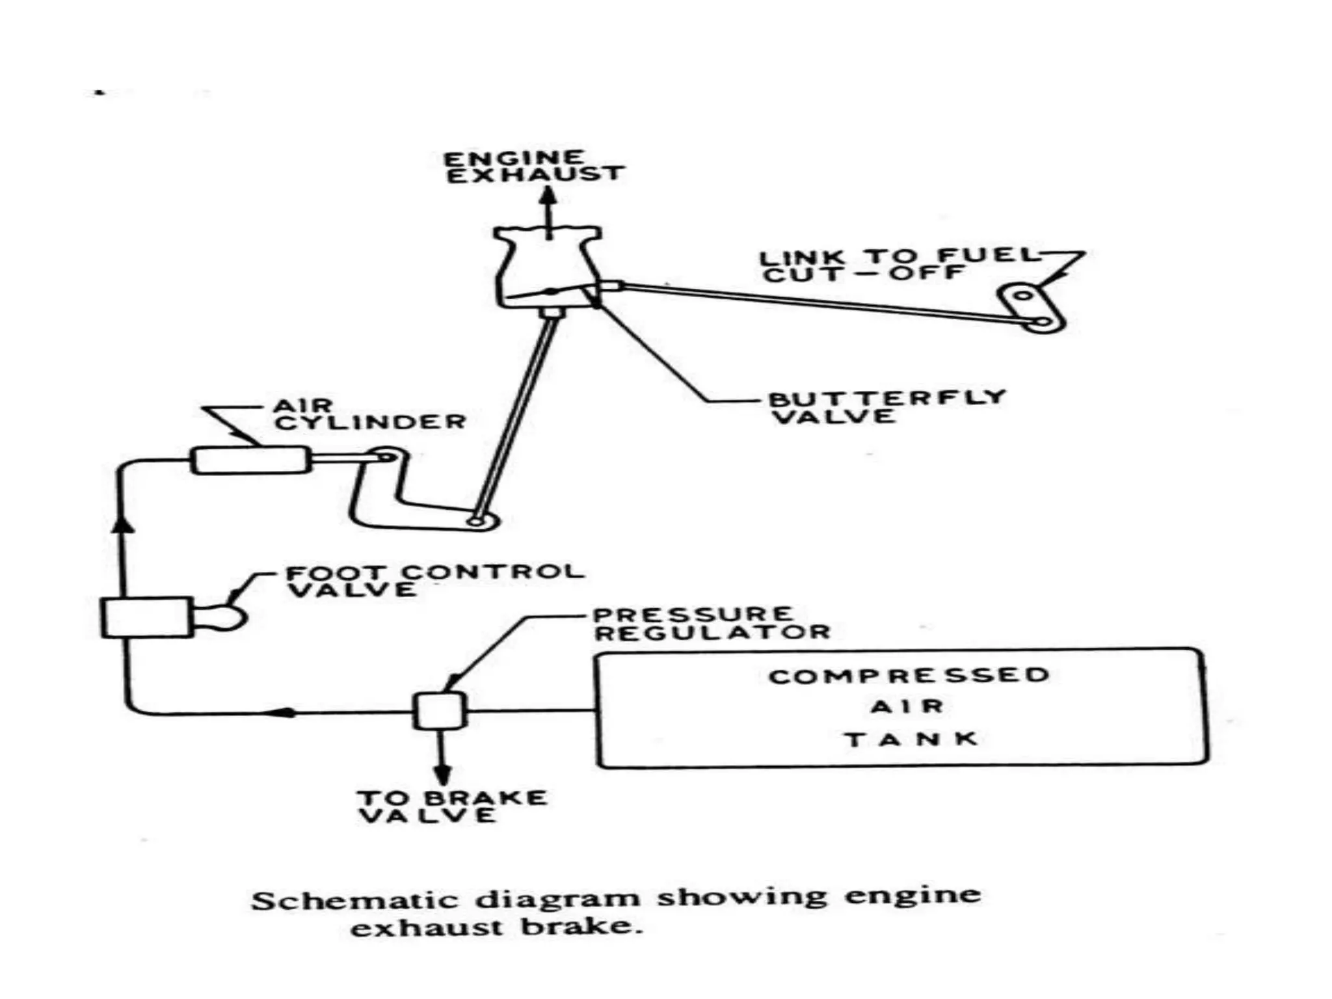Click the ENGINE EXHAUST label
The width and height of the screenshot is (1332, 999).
pyautogui.click(x=533, y=168)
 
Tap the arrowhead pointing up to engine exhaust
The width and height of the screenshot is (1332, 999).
pyautogui.click(x=550, y=198)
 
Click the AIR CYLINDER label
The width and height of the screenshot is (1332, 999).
pyautogui.click(x=369, y=415)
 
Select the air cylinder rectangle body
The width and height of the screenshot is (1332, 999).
pyautogui.click(x=250, y=459)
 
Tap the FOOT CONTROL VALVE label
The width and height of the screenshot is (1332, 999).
pyautogui.click(x=434, y=581)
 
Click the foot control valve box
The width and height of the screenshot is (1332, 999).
pyautogui.click(x=147, y=617)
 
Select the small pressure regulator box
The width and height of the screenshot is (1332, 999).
pyautogui.click(x=440, y=710)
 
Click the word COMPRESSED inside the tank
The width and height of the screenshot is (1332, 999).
pyautogui.click(x=909, y=676)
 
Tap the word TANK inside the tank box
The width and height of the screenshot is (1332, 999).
pyautogui.click(x=911, y=739)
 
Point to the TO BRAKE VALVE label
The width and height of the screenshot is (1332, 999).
pyautogui.click(x=452, y=807)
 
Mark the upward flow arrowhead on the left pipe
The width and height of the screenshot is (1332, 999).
pyautogui.click(x=124, y=522)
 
